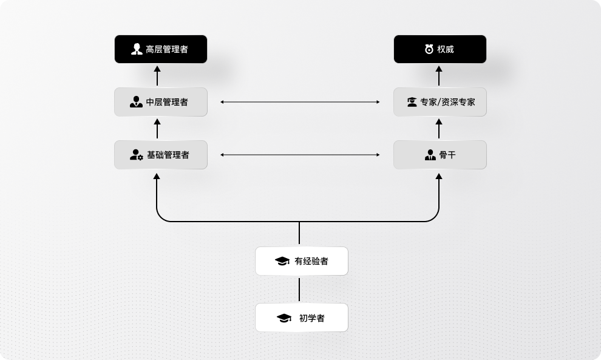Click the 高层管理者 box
161,49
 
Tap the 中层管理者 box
161,102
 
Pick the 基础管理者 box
161,155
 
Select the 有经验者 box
302,261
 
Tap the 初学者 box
302,318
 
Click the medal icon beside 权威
429,49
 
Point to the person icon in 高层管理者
137,49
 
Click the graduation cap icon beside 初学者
284,318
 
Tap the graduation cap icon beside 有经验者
282,261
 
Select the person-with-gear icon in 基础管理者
137,155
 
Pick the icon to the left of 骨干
430,155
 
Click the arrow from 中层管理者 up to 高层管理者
157,76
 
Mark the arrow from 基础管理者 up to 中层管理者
157,129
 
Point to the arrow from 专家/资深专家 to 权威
440,76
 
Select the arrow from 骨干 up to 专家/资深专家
440,129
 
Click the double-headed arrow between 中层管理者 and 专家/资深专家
300,102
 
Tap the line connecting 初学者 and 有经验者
299,289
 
